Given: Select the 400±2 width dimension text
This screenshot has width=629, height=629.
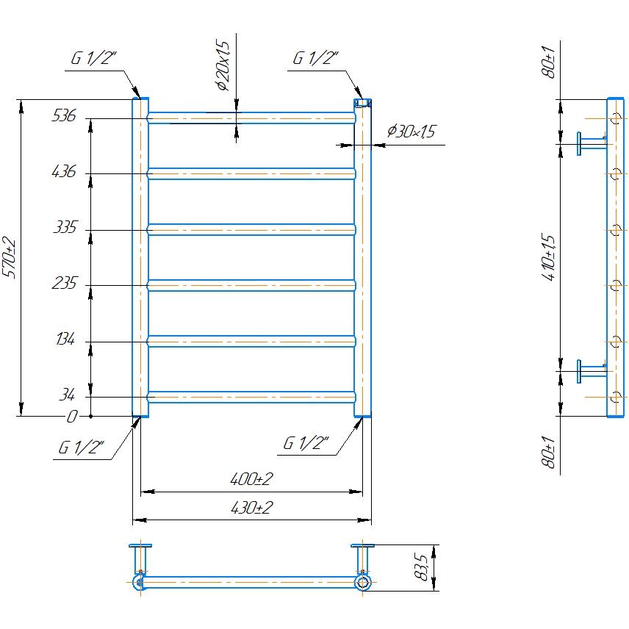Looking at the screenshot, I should [x=251, y=480].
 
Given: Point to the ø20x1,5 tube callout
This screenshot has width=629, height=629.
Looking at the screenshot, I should [x=224, y=65].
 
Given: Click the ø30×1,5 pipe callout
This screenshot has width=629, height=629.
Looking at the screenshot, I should [x=411, y=132].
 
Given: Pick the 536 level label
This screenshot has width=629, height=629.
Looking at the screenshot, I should [x=64, y=115].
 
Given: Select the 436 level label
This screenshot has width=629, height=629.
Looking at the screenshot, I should [x=64, y=171].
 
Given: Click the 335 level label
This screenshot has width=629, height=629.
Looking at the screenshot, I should [x=65, y=228].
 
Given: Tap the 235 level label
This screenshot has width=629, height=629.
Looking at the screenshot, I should [x=65, y=284].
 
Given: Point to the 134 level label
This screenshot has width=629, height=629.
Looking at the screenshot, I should [x=65, y=339].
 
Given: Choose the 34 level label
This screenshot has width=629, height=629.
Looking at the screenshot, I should [x=68, y=396].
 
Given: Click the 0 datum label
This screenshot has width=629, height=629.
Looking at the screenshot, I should [x=72, y=417].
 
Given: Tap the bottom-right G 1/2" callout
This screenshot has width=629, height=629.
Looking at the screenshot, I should [x=306, y=443].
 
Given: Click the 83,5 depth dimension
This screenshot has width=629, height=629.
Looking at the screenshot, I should [x=422, y=567].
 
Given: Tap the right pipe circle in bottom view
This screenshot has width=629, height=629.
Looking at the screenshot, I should [x=362, y=583].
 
